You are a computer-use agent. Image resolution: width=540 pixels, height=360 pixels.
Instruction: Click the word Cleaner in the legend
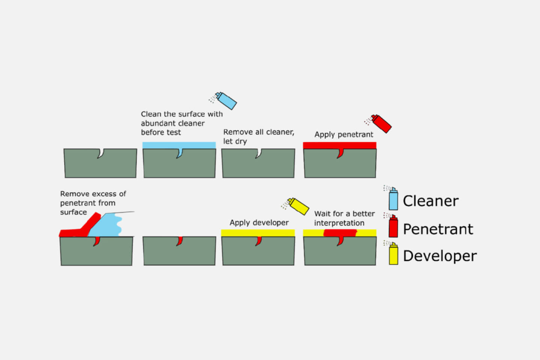point(430,201)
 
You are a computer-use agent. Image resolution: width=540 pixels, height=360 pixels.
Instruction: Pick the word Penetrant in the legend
point(438,229)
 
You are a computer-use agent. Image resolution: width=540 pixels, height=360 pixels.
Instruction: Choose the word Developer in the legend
point(440,256)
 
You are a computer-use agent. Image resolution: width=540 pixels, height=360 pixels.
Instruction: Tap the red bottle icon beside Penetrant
point(393,227)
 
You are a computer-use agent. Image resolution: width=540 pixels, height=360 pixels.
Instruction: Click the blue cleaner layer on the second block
point(179,145)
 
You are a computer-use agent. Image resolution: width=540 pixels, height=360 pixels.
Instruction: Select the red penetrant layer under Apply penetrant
point(339,145)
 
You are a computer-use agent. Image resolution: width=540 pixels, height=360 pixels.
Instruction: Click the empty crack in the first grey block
point(100,153)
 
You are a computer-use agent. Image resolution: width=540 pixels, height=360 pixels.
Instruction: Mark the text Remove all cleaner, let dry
point(258,136)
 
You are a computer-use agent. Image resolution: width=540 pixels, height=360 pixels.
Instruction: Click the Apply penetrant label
point(343,135)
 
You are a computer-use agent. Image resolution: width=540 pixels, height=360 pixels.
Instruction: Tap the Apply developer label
point(259,223)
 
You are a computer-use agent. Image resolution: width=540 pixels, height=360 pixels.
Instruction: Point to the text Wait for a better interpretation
point(344,218)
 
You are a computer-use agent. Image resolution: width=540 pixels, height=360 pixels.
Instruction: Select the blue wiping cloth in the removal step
point(106,225)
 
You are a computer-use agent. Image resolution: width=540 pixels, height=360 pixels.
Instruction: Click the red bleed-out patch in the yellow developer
point(339,233)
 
